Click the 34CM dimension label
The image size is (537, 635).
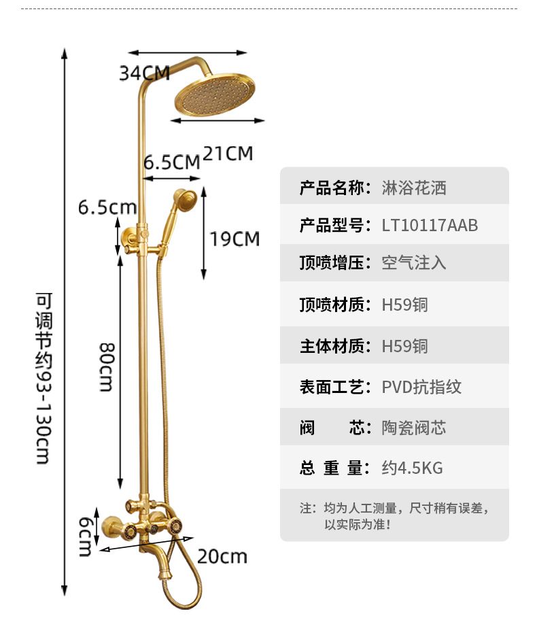pos(144,73)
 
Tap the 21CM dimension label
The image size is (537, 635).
pos(228,154)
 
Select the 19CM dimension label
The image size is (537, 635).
pos(235,239)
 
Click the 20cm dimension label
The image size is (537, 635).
pos(222,557)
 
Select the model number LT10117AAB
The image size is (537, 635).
pos(430,225)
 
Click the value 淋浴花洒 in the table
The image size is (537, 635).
pos(414,188)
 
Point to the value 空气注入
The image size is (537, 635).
pos(414,262)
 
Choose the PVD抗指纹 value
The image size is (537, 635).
pos(421,387)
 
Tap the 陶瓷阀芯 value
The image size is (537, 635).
pos(414,428)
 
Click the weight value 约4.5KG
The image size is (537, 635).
pos(412,468)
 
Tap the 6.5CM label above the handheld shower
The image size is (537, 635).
pos(171,162)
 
